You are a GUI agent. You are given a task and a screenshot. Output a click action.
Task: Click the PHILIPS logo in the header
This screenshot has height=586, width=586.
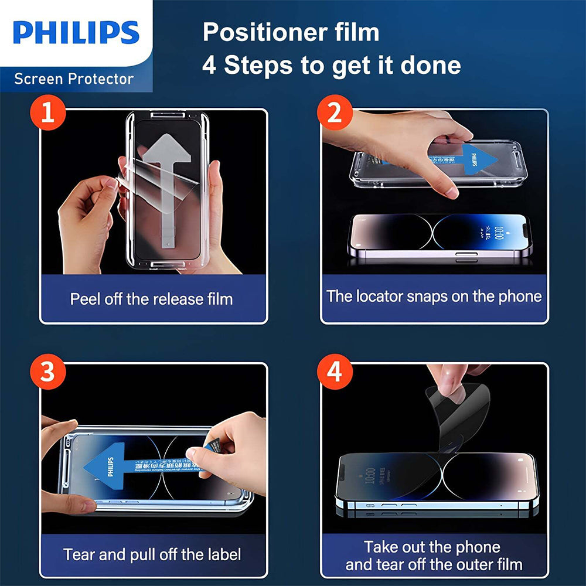tap(76, 33)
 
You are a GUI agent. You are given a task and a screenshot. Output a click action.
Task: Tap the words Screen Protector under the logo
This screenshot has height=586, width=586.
tap(74, 79)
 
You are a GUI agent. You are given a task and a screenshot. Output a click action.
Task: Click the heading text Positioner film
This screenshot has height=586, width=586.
tap(291, 32)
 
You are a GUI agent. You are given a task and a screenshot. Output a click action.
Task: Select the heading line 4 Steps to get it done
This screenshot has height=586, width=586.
tap(331, 65)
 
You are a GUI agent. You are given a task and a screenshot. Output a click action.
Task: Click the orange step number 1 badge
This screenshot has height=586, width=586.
tap(48, 113)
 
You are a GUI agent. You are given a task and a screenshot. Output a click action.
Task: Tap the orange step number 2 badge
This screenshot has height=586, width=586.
tap(333, 113)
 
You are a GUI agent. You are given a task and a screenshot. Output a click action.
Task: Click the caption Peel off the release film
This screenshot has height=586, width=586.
tap(152, 299)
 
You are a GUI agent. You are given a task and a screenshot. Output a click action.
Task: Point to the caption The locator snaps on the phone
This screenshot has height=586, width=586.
tap(434, 296)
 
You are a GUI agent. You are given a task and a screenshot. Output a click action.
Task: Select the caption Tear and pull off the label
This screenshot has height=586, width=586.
tap(152, 554)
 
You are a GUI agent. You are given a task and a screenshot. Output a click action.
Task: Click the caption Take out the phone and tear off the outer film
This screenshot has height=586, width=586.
tap(434, 556)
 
